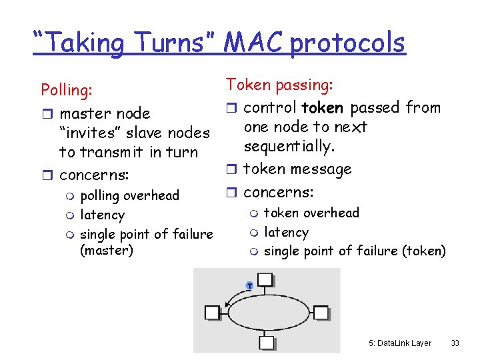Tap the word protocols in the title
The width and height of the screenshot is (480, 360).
[x=347, y=43]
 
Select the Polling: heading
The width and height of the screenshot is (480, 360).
[x=67, y=89]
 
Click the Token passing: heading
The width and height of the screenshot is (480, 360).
[x=279, y=85]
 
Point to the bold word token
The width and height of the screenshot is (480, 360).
[x=323, y=107]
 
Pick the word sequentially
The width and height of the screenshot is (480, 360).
[x=288, y=146]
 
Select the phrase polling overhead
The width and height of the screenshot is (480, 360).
[x=129, y=195]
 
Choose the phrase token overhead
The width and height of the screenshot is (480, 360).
[x=311, y=213]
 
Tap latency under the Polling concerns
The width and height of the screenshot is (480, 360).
[x=102, y=215]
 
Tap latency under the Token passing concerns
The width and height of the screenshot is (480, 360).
[x=286, y=232]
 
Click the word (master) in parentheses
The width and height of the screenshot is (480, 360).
[x=107, y=251]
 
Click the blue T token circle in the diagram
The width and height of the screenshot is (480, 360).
[x=249, y=285]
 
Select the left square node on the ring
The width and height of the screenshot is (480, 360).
[x=212, y=313]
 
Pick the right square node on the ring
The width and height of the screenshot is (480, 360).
[x=321, y=313]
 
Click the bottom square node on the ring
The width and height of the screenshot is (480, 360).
[x=267, y=343]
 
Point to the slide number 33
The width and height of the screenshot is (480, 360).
[x=455, y=343]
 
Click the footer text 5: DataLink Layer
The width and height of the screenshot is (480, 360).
[x=399, y=343]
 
